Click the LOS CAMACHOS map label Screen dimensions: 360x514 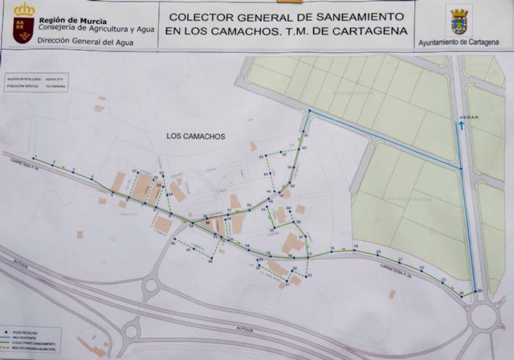click(x=196, y=137)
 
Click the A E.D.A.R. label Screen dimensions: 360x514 click(x=468, y=117)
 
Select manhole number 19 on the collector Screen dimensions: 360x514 click(x=355, y=249)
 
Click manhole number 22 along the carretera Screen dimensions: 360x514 click(x=422, y=271)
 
